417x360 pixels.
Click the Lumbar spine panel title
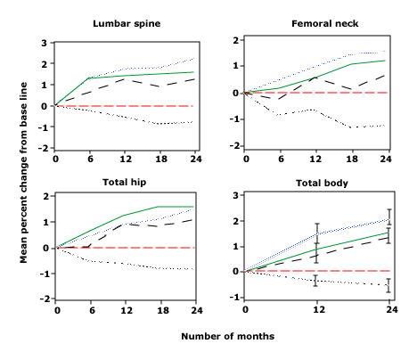[x=127, y=24]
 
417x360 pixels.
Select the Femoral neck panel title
[x=324, y=24]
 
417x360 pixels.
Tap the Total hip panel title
[x=125, y=182]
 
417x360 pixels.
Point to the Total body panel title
[x=322, y=183]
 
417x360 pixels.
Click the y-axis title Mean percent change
[x=23, y=173]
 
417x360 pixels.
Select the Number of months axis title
[x=228, y=336]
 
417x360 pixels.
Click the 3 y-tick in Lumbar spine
[x=45, y=44]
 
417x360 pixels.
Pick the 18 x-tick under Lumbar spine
[x=161, y=160]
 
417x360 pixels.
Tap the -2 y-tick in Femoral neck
[x=234, y=146]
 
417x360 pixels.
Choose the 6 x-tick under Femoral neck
[x=281, y=159]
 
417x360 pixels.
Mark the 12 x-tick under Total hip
[x=127, y=311]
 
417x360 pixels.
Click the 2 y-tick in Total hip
[x=45, y=197]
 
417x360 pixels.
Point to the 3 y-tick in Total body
[x=236, y=196]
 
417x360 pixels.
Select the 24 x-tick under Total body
[x=392, y=310]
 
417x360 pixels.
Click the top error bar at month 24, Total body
[x=389, y=217]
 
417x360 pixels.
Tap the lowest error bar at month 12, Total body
[x=315, y=281]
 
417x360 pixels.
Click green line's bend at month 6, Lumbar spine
[x=89, y=78]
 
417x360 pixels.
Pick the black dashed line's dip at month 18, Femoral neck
[x=351, y=89]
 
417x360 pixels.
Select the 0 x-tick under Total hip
[x=57, y=311]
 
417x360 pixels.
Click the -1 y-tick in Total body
[x=234, y=298]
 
